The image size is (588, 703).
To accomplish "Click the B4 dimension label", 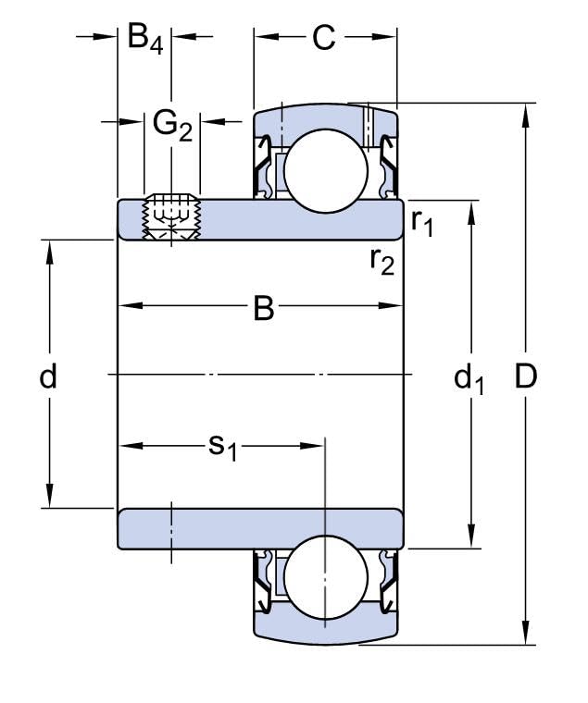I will pyautogui.click(x=144, y=39).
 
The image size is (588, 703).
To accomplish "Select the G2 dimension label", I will pyautogui.click(x=172, y=124).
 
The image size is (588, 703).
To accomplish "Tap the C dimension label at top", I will pyautogui.click(x=322, y=39).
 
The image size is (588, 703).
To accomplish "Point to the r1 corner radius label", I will pyautogui.click(x=421, y=222).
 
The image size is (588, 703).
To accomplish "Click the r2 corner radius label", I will pyautogui.click(x=382, y=262).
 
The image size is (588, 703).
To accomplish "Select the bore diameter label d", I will pyautogui.click(x=48, y=376).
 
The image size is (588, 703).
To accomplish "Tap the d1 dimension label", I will pyautogui.click(x=469, y=377).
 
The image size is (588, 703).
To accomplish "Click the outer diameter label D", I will pyautogui.click(x=525, y=376).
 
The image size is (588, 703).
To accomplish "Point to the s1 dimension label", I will pyautogui.click(x=222, y=448).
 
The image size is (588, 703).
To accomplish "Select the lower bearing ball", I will pyautogui.click(x=324, y=577).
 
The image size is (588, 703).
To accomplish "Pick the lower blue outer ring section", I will pyautogui.click(x=324, y=629).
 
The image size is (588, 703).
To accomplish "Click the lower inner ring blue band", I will pyautogui.click(x=259, y=528).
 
